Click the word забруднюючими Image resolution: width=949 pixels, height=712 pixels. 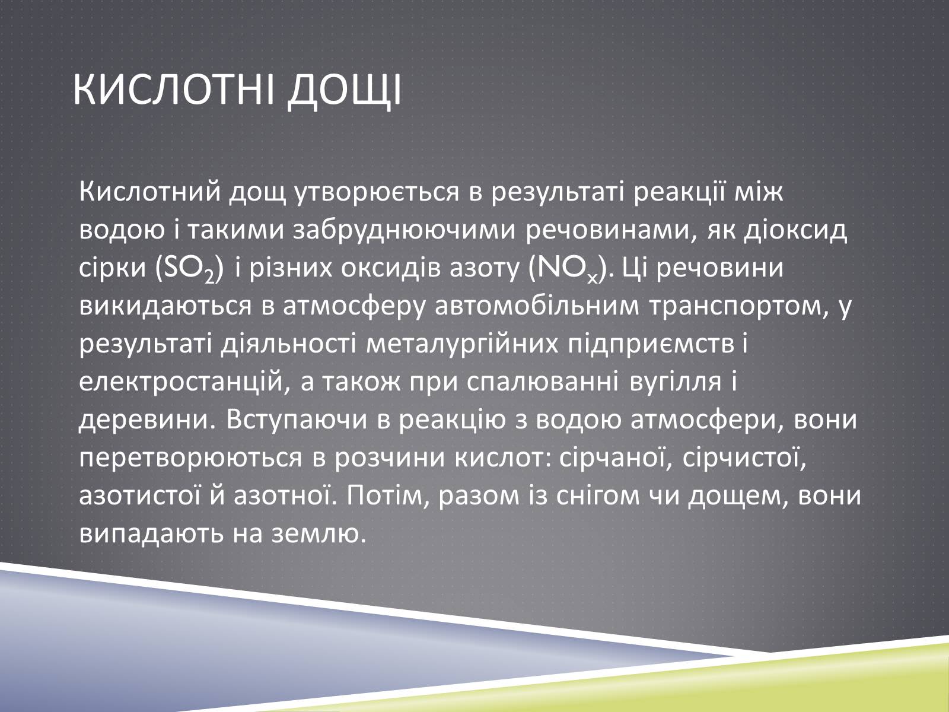pos(405,231)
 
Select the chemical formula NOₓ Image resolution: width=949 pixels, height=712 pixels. pos(569,269)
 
